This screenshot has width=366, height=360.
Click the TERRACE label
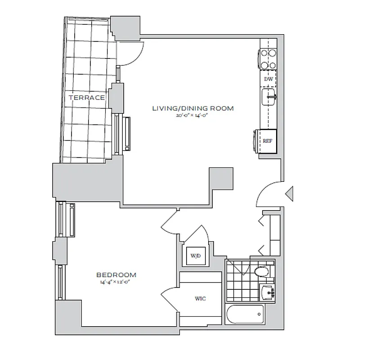coord(87,97)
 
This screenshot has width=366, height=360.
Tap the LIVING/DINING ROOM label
coord(193,108)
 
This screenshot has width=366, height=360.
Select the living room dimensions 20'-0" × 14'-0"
coord(193,116)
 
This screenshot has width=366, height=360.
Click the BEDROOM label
coord(116,274)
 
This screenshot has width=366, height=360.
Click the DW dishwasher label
coord(268,79)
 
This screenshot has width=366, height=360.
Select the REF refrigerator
coord(267,141)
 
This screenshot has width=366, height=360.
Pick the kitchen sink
coord(268,96)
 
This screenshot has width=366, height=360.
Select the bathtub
coord(245,314)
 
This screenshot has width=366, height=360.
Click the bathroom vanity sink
coord(268,292)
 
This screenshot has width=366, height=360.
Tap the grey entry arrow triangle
coord(290,193)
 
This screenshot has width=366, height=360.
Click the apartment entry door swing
coord(269,194)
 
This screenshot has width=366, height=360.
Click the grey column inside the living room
coord(221,178)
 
